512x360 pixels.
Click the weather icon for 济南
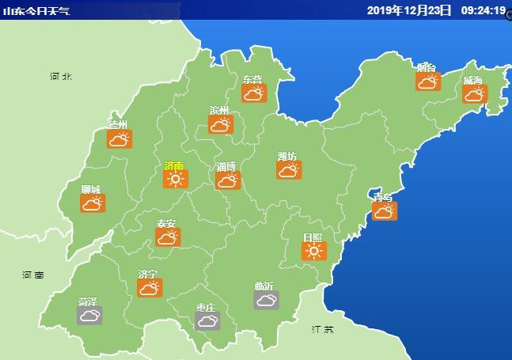(x=175, y=179)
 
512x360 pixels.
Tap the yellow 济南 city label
(x=174, y=166)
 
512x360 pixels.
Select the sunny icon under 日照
(x=313, y=251)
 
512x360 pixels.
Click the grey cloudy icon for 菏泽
(x=89, y=316)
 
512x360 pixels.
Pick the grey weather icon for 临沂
(x=266, y=299)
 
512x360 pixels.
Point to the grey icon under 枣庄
(x=207, y=320)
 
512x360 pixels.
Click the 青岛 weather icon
(x=384, y=210)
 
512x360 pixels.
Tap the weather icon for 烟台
(x=427, y=81)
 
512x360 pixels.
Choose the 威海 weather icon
(x=474, y=93)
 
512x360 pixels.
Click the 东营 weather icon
(x=253, y=93)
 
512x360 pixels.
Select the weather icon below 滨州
(x=220, y=124)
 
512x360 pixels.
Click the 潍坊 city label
(x=287, y=157)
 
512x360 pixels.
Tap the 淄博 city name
(x=226, y=167)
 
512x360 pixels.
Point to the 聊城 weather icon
(x=92, y=203)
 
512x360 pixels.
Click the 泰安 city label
(x=166, y=224)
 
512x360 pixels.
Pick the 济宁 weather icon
(x=148, y=287)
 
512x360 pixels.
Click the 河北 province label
(x=60, y=77)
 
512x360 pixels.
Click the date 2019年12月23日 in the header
(x=409, y=10)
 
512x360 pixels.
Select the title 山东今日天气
(x=36, y=11)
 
